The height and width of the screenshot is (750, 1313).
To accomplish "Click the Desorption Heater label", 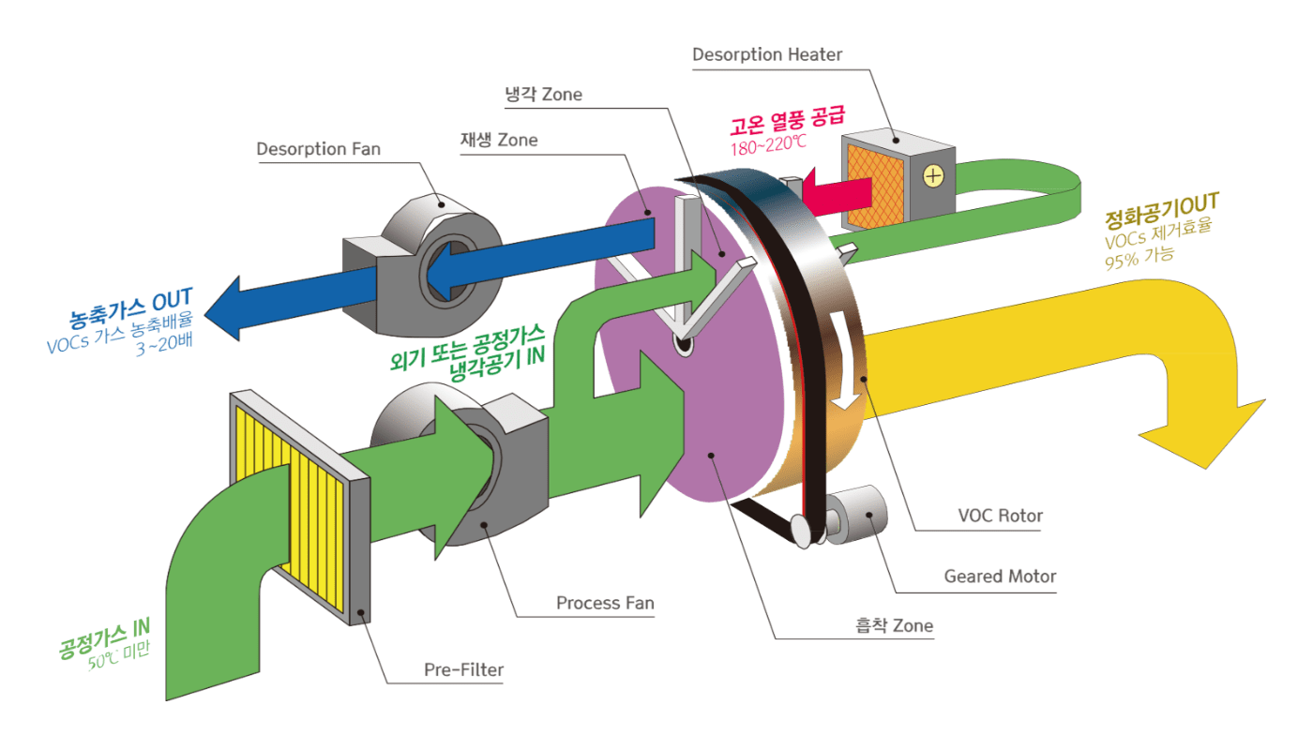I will [767, 54].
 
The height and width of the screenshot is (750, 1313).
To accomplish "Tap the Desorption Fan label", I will [319, 149].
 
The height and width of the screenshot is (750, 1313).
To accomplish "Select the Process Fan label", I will [605, 603].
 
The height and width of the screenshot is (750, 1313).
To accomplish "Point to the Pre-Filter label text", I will [463, 669].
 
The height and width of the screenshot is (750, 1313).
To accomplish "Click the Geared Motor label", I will [1000, 576].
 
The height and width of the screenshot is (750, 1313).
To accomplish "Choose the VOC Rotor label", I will [1000, 516].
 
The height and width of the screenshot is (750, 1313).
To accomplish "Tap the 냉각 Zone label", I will [543, 94].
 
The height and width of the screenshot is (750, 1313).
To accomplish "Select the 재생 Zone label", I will [499, 140].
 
